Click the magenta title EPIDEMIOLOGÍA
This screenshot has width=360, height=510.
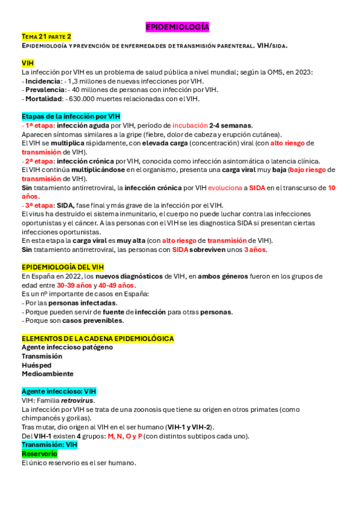click(x=177, y=27)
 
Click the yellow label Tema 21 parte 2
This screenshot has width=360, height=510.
click(x=46, y=37)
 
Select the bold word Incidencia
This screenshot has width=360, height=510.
click(x=43, y=81)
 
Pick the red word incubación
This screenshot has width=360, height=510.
click(x=189, y=125)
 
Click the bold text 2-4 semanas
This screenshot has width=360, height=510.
click(x=231, y=125)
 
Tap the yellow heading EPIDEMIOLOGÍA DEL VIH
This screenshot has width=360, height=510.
click(x=63, y=267)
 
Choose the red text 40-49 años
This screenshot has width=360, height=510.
click(x=117, y=285)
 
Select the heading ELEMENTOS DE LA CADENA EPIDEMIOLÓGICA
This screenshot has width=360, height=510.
click(x=97, y=339)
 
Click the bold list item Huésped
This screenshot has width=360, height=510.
click(x=36, y=365)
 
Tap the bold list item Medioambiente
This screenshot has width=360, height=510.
click(x=47, y=374)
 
